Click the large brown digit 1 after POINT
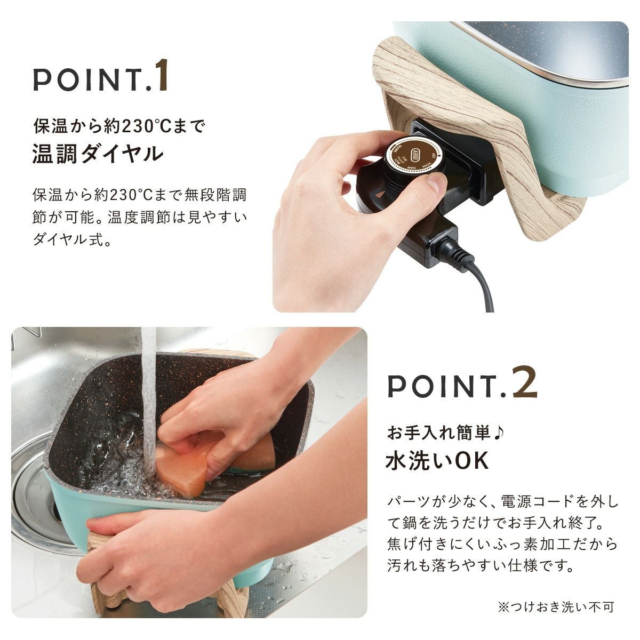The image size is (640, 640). tap(163, 75)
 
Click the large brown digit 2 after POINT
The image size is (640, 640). tap(524, 382)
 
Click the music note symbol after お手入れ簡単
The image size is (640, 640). tap(499, 433)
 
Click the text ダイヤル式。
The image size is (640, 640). tap(72, 239)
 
